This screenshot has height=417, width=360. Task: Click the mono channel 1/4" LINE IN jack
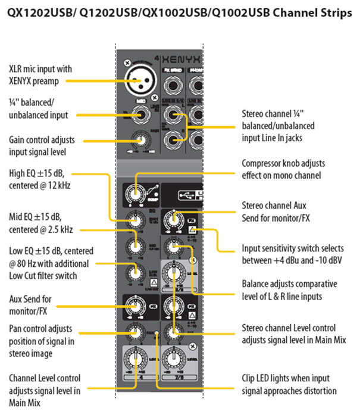tap(141, 115)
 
